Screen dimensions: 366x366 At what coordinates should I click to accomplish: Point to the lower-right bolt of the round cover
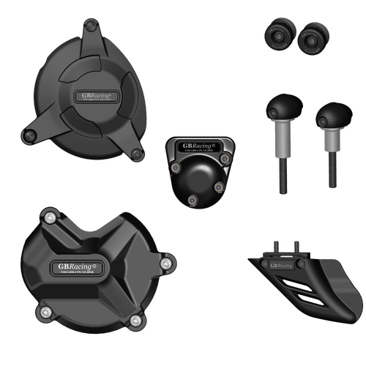[138, 154]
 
